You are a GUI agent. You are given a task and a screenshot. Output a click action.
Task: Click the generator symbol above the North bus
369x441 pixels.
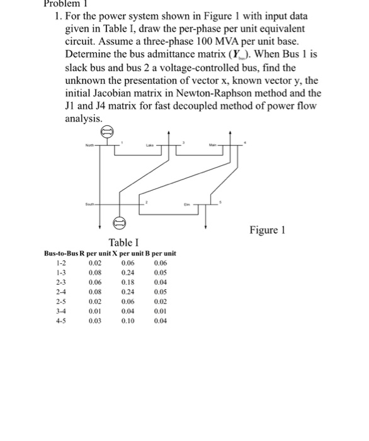pos(107,132)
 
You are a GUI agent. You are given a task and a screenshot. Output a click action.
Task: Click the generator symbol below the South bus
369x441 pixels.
pos(118,222)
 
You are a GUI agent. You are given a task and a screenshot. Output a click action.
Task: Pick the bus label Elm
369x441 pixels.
pos(186,204)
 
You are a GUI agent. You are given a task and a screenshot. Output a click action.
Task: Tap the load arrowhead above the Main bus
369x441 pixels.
pos(231,134)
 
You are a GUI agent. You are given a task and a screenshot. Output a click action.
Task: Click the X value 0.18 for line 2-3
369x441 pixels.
pos(128,283)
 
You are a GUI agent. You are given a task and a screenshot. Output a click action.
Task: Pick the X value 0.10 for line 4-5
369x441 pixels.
pos(128,321)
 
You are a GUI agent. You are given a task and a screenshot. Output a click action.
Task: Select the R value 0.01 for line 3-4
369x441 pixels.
pos(94,312)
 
